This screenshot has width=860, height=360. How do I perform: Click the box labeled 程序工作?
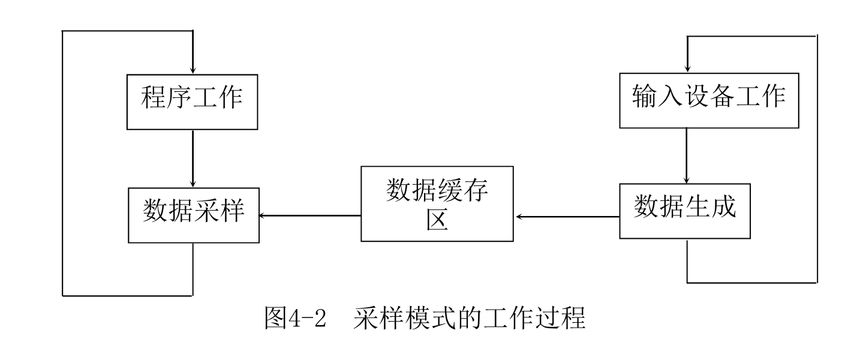(193, 100)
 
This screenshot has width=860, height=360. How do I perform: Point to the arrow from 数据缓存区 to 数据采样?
(309, 215)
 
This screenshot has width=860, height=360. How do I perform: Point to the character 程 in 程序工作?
(154, 98)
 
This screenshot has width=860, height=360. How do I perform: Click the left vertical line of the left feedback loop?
(63, 162)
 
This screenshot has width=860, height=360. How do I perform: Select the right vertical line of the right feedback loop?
(817, 159)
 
